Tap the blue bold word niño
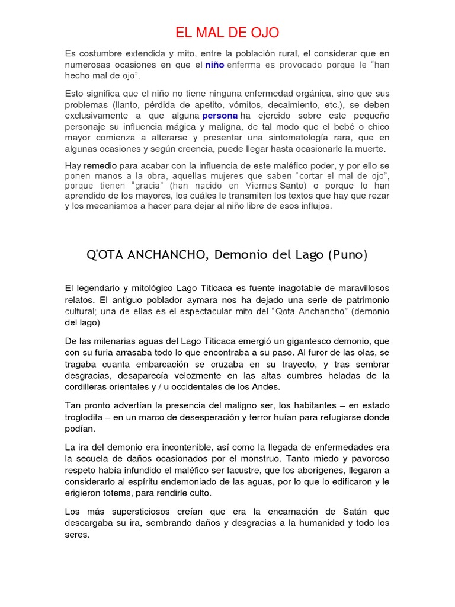click(x=214, y=65)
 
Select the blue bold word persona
click(x=220, y=116)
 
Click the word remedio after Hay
click(x=100, y=166)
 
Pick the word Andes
click(x=267, y=386)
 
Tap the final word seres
click(x=77, y=534)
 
